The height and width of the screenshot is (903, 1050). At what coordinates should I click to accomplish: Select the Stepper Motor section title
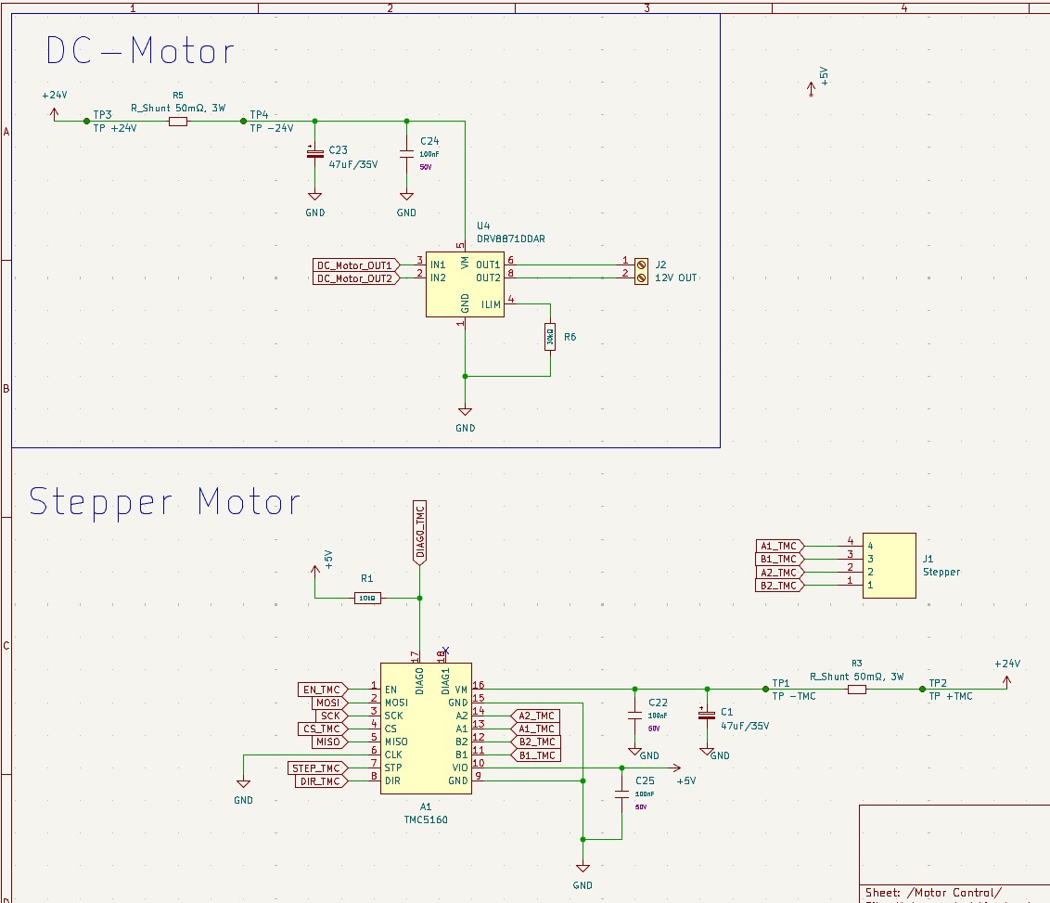(x=165, y=502)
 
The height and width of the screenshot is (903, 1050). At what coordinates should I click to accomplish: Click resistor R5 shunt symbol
(x=178, y=121)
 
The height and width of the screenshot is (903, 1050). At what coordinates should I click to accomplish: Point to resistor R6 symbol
(x=550, y=337)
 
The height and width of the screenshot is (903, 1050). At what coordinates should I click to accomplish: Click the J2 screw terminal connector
(x=640, y=270)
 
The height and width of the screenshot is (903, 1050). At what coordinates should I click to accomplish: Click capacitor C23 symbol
(x=314, y=152)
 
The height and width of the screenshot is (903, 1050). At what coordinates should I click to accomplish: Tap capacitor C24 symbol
(x=406, y=152)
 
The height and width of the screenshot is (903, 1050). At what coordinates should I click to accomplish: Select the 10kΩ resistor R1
(x=367, y=598)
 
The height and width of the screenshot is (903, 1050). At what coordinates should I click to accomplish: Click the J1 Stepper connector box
(x=889, y=565)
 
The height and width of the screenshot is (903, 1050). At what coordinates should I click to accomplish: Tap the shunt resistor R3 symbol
(x=856, y=689)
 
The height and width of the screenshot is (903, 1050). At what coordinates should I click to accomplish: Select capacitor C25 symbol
(x=622, y=795)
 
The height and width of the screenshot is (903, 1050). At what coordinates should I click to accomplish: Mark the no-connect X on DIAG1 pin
(x=445, y=650)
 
